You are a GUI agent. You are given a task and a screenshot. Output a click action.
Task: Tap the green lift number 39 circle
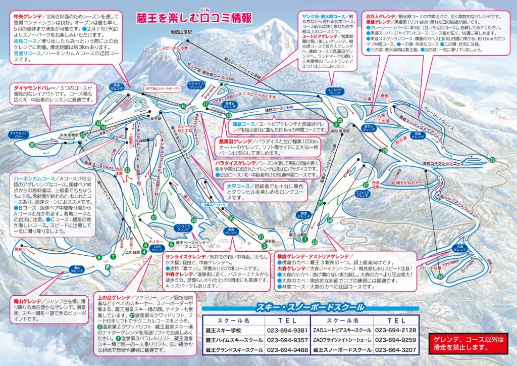pos(492,160)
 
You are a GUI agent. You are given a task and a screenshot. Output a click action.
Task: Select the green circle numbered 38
pos(440,277)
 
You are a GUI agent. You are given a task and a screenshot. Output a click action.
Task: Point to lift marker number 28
pos(384,151)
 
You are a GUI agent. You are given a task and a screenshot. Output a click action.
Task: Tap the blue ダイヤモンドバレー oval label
pos(18,135)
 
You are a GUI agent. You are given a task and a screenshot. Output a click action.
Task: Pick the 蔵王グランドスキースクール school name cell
pos(233,349)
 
